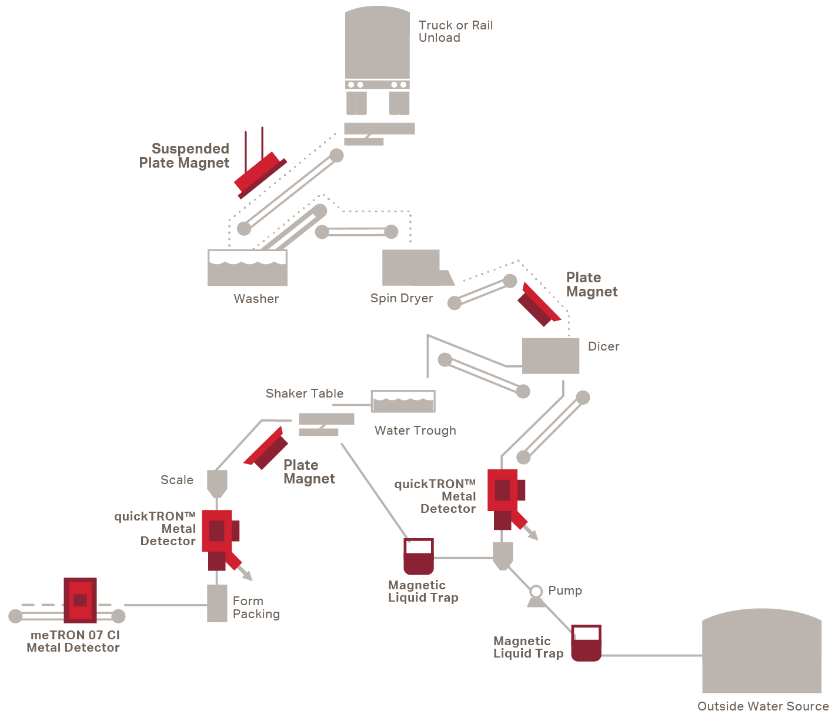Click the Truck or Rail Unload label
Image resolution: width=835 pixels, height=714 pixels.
[455, 31]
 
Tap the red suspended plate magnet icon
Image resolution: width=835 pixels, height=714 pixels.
[259, 175]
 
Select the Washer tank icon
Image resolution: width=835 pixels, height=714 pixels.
[247, 268]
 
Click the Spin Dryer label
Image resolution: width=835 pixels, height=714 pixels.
[401, 298]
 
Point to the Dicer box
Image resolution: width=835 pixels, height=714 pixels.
[550, 355]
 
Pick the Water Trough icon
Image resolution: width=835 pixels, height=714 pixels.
[403, 401]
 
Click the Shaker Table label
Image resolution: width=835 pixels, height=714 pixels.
[304, 393]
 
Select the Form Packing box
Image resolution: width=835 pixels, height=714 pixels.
[217, 603]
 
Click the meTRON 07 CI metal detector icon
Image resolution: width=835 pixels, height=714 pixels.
[80, 600]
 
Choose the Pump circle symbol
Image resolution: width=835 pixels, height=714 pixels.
[536, 591]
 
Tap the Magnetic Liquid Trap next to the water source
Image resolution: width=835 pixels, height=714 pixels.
[586, 642]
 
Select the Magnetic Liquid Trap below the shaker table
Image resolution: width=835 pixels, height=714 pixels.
[419, 556]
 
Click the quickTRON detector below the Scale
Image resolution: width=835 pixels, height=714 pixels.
[218, 536]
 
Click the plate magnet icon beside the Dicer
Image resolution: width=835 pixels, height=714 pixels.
[537, 305]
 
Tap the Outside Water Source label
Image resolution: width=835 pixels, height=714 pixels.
[763, 706]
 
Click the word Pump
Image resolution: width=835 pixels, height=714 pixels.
[565, 590]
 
